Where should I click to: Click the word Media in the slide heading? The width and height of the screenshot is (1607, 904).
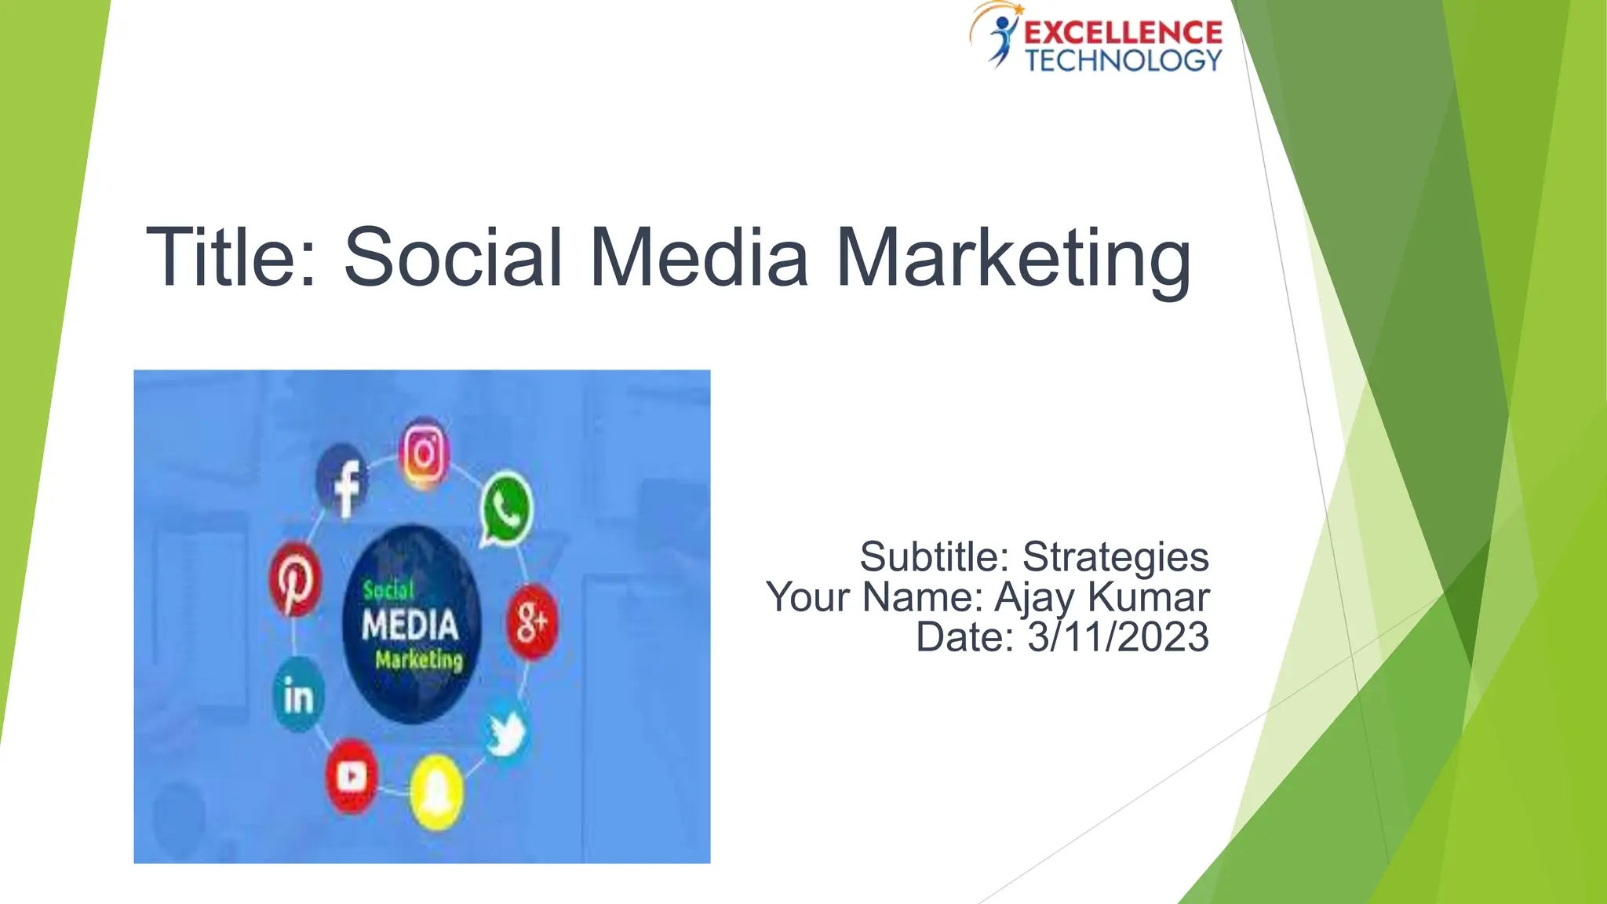point(698,257)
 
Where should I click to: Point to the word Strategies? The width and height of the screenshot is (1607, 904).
point(1115,557)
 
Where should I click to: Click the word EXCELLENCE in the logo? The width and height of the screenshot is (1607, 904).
point(1123,33)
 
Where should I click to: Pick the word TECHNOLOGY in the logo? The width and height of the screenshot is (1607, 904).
point(1123,60)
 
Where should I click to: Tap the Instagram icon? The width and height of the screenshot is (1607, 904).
point(425,454)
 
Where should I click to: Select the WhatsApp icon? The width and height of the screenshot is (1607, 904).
point(506,508)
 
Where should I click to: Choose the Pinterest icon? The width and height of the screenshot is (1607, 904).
point(295,580)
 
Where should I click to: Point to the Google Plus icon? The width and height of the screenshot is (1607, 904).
point(532,622)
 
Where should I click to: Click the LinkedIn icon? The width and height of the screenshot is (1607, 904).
point(298,694)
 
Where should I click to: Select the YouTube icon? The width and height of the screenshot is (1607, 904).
point(351,776)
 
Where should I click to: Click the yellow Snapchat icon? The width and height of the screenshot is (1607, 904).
point(436,793)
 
